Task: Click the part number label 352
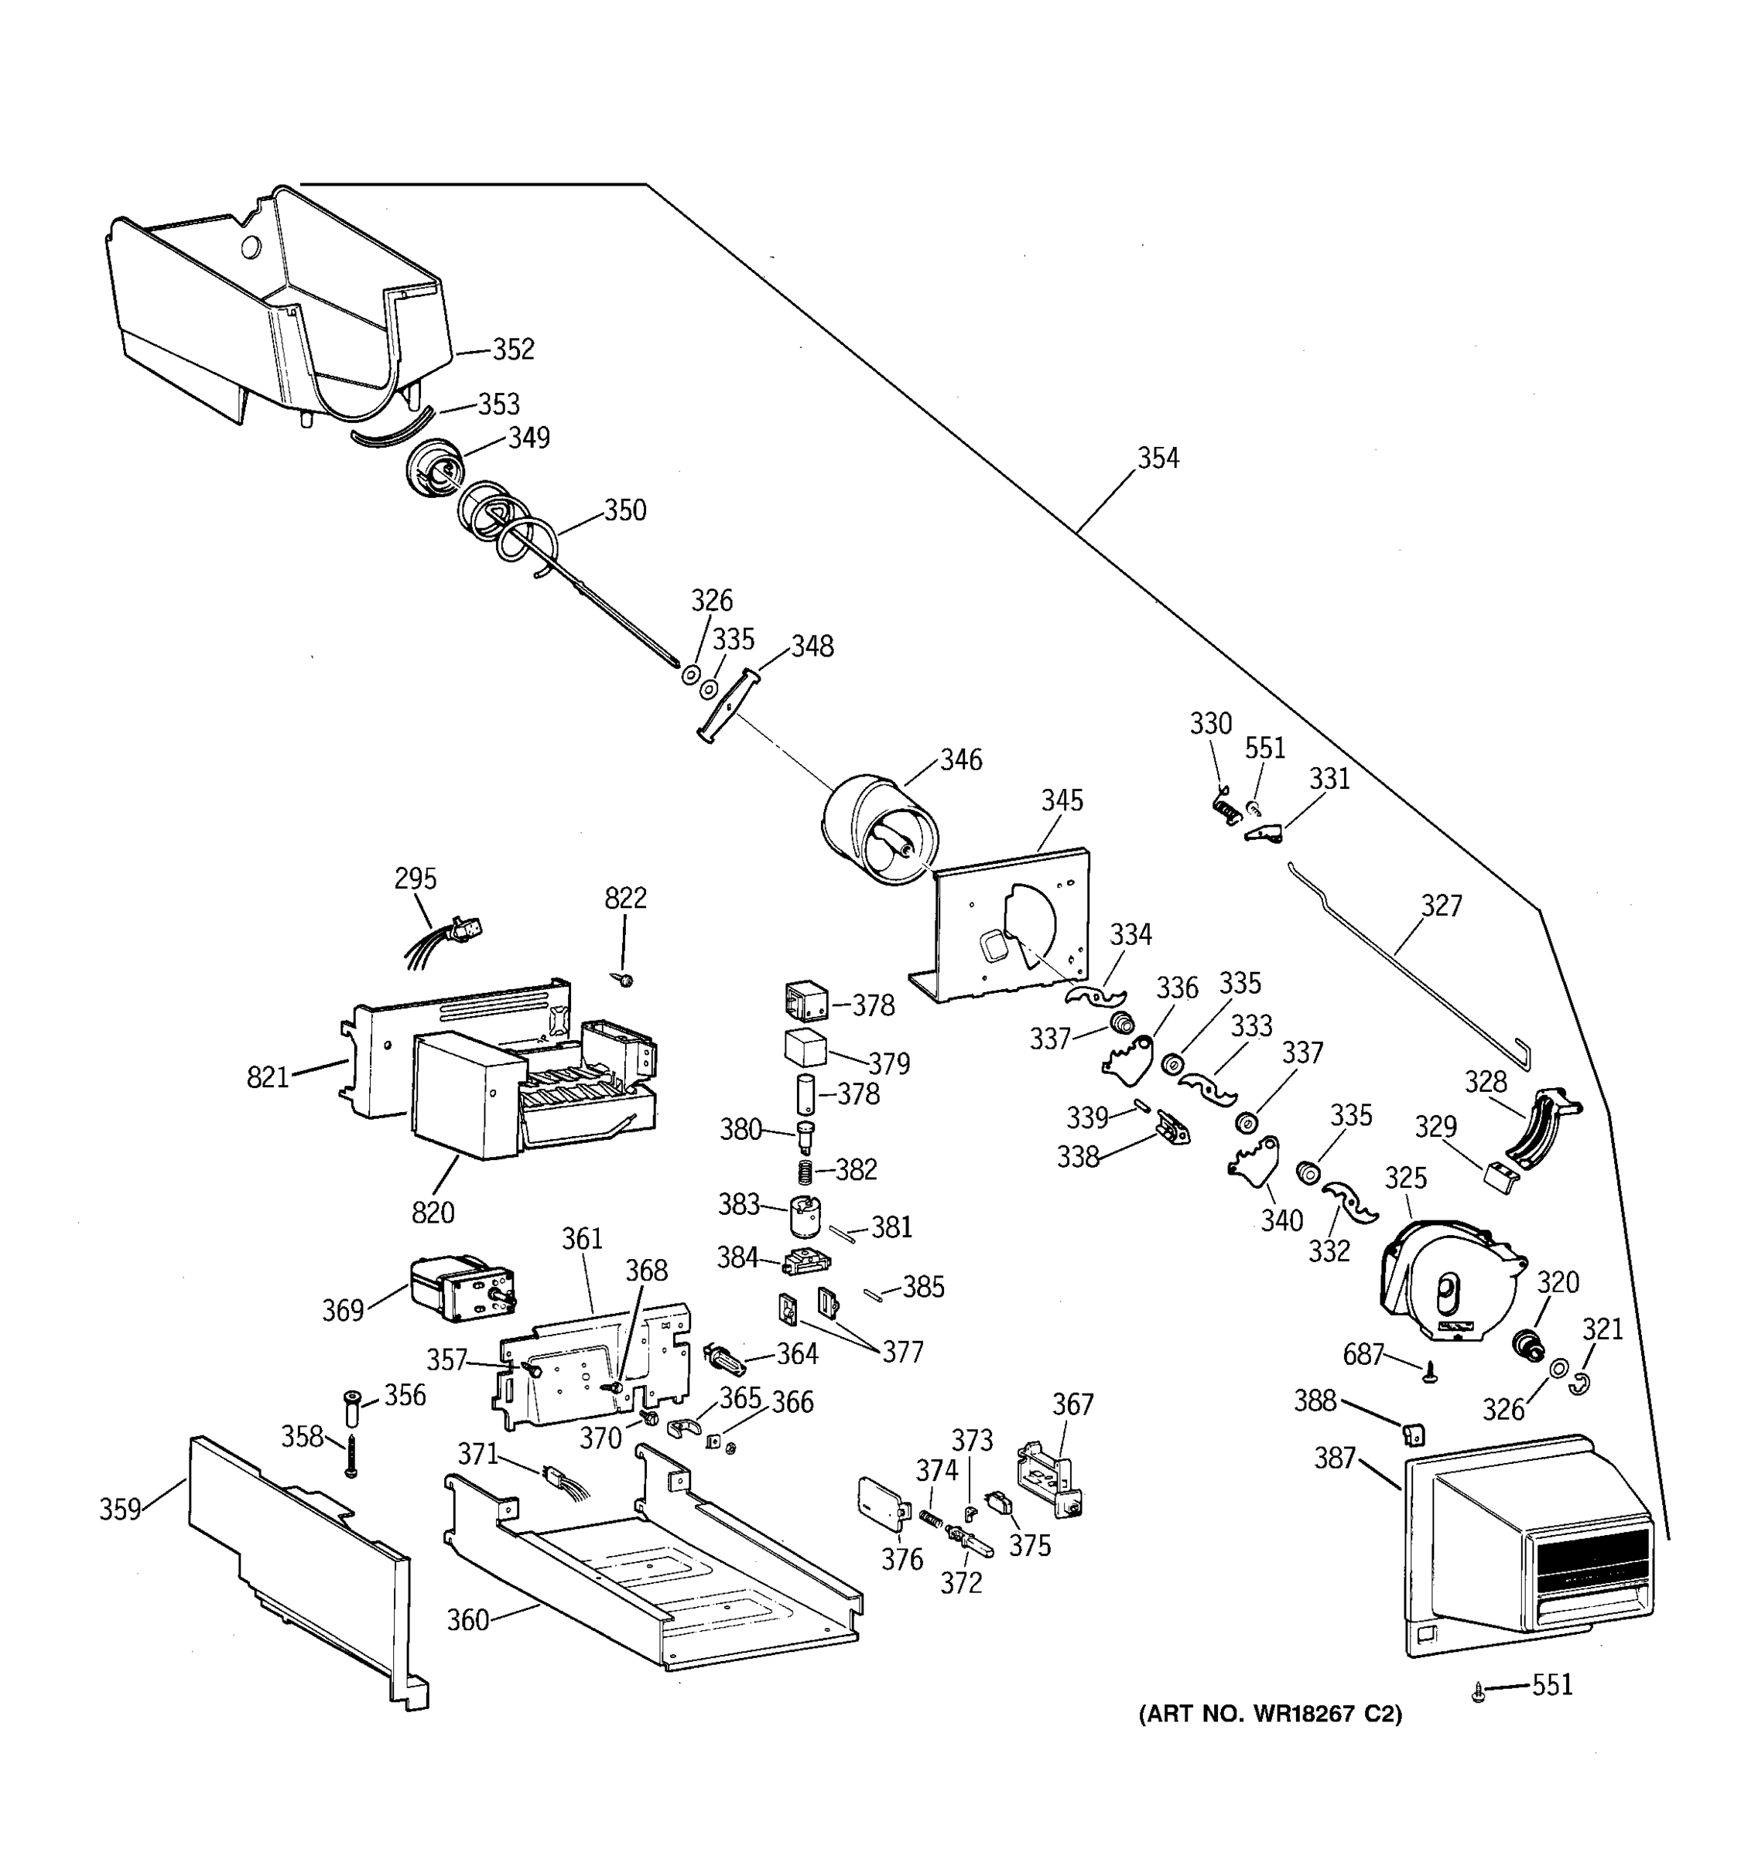click(x=513, y=350)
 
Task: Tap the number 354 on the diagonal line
click(x=1158, y=459)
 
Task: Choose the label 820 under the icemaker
click(x=433, y=1213)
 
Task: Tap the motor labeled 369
click(x=460, y=1287)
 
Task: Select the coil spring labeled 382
click(x=804, y=1170)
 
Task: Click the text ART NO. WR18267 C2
click(x=1271, y=1714)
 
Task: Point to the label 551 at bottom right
click(x=1552, y=1684)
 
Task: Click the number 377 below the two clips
click(x=902, y=1352)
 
